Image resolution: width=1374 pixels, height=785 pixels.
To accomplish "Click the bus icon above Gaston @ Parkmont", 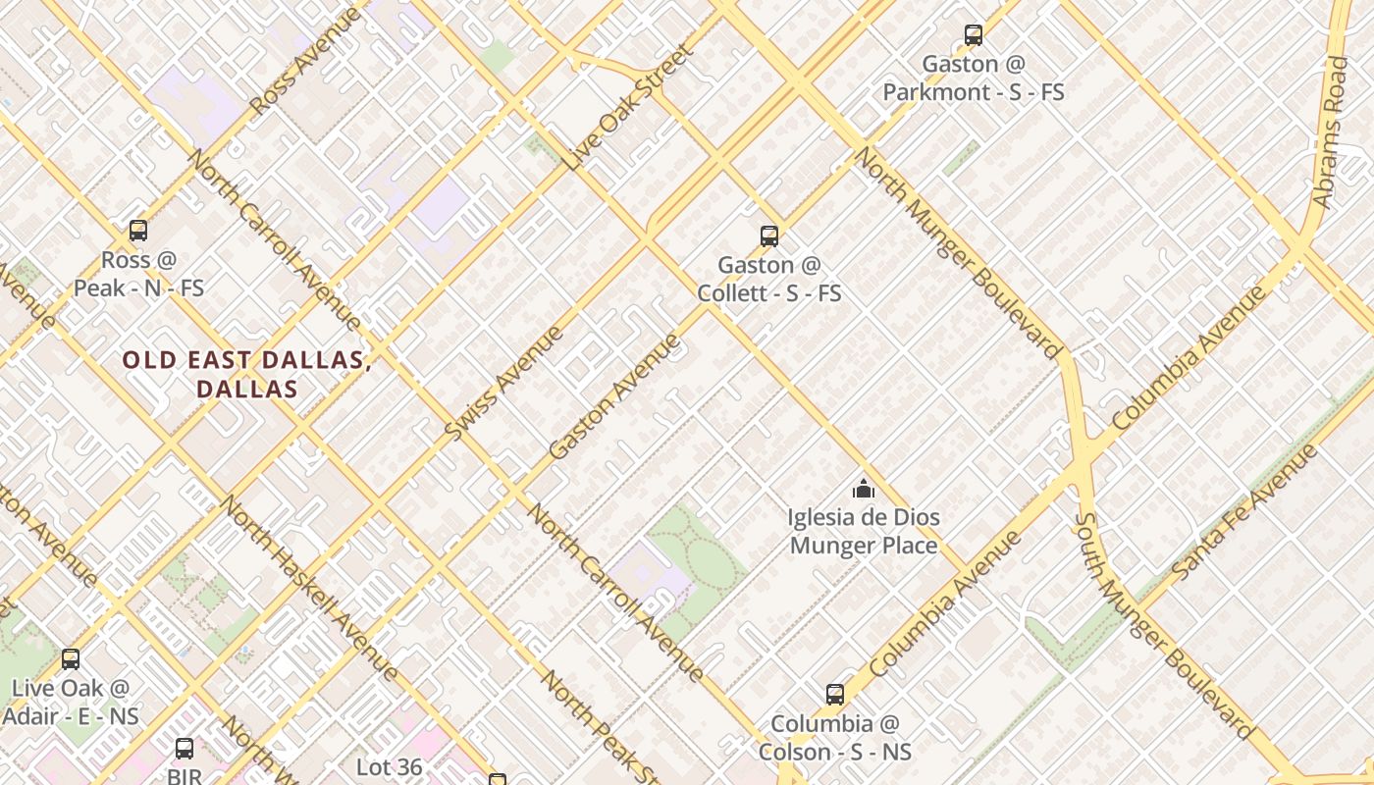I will click(973, 35).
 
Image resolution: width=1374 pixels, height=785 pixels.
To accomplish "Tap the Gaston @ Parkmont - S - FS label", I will click(973, 78).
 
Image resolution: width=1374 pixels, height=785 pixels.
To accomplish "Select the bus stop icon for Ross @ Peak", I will click(138, 231).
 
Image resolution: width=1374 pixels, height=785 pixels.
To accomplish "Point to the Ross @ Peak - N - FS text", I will click(138, 275).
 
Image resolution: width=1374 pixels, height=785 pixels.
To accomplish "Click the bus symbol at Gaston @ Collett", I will click(769, 235).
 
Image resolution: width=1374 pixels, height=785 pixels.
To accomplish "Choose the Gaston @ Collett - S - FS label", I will click(769, 280).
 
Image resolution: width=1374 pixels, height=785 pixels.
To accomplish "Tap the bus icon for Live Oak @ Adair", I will click(71, 659).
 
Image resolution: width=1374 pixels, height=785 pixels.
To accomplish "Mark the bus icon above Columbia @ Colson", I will click(834, 695).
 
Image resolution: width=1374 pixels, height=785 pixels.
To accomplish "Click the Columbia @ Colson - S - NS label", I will click(834, 738).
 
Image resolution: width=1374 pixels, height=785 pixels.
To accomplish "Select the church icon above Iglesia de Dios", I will click(864, 489).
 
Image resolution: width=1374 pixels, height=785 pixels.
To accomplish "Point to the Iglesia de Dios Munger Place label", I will click(864, 531).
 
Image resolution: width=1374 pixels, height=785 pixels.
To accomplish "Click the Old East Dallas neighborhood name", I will click(246, 374).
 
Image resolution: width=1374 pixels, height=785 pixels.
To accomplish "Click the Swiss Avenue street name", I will click(503, 383).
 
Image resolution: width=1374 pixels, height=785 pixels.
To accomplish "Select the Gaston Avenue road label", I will click(614, 396).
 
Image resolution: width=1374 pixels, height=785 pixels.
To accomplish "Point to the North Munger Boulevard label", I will click(958, 253).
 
